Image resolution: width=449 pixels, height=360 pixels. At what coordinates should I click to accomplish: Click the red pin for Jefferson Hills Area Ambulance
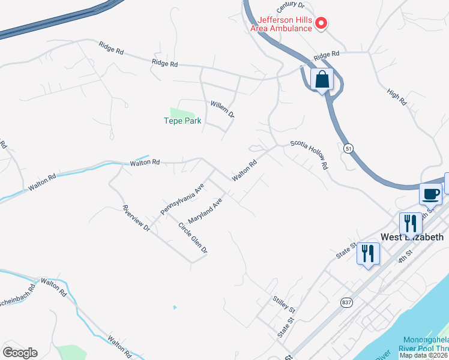[x=321, y=23]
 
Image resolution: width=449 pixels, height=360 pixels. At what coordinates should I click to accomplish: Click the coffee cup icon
[x=431, y=194]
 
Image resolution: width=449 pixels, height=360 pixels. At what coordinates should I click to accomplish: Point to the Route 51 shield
[x=349, y=148]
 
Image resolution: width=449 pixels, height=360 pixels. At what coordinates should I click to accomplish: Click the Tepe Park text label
[x=182, y=121]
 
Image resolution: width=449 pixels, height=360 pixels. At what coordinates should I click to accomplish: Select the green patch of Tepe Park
[x=182, y=113]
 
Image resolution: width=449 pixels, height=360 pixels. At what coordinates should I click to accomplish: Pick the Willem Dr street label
[x=222, y=109]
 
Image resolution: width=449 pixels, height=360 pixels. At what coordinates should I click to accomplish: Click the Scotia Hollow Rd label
[x=310, y=155]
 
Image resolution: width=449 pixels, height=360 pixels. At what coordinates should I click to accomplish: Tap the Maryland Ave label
[x=205, y=209]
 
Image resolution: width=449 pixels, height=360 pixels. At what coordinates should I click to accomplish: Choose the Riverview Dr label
[x=135, y=218]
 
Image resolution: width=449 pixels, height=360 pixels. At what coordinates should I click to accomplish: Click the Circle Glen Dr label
[x=193, y=238]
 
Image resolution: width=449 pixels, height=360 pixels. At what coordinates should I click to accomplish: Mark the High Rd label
[x=397, y=97]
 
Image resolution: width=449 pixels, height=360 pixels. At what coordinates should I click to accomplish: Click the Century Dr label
[x=291, y=7]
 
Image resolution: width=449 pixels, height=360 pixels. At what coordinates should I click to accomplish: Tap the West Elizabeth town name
[x=413, y=236]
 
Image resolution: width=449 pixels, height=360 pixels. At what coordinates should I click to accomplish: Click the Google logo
[x=20, y=353]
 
